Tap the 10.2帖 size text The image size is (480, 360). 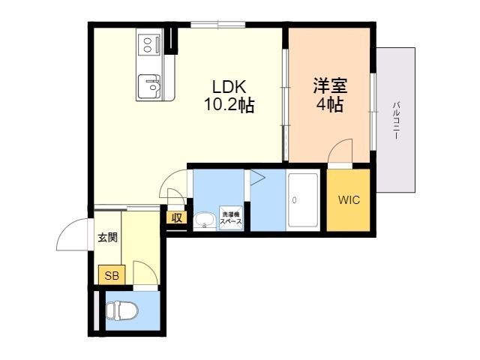(x=229, y=106)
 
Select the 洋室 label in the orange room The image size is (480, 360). (x=330, y=85)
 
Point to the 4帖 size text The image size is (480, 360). (x=330, y=105)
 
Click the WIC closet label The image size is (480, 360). (x=349, y=200)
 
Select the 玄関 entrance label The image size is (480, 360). (x=107, y=238)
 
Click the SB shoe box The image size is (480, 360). (x=111, y=275)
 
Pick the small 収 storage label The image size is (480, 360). (x=177, y=218)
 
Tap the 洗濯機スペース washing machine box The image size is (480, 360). (x=230, y=219)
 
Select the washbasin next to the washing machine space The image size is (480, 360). (x=203, y=220)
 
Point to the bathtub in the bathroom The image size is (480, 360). (x=304, y=200)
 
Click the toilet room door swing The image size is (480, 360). (x=144, y=273)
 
